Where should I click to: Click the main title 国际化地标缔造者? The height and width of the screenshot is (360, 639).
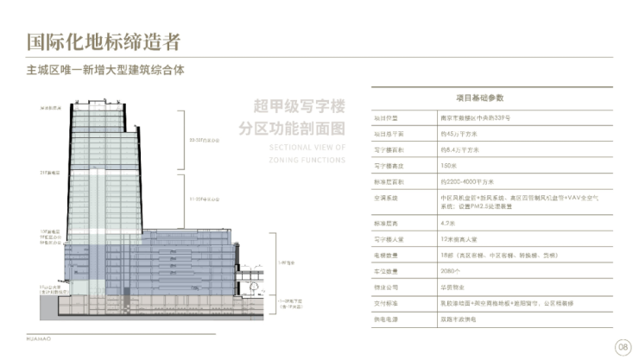pyautogui.click(x=104, y=41)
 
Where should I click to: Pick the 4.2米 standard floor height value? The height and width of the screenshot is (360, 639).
pyautogui.click(x=446, y=223)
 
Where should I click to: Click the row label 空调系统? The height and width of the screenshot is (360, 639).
pyautogui.click(x=384, y=198)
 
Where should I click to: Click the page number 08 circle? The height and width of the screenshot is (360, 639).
pyautogui.click(x=622, y=347)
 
